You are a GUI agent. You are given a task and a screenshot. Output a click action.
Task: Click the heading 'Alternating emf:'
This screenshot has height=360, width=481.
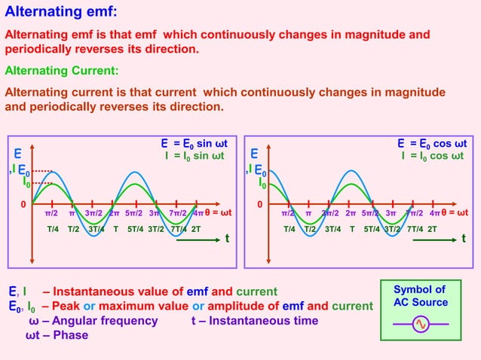pyautogui.click(x=61, y=13)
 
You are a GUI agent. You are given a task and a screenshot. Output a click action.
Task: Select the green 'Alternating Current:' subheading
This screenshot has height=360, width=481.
pyautogui.click(x=62, y=71)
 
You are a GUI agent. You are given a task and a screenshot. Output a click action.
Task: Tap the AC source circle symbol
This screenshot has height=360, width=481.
pyautogui.click(x=421, y=325)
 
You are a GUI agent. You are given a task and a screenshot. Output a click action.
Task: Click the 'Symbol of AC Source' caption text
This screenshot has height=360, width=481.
pyautogui.click(x=420, y=296)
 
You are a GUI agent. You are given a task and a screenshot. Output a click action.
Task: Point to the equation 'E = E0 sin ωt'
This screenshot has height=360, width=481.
pyautogui.click(x=194, y=143)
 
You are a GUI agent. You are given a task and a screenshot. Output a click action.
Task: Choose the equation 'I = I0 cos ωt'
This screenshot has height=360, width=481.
pyautogui.click(x=432, y=156)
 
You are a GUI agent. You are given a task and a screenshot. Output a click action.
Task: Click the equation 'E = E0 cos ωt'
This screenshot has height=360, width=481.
pyautogui.click(x=432, y=143)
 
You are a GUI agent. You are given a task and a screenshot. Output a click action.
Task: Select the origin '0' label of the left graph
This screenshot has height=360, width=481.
pyautogui.click(x=23, y=204)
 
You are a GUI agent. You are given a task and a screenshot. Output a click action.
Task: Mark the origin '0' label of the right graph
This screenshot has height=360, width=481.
pyautogui.click(x=261, y=204)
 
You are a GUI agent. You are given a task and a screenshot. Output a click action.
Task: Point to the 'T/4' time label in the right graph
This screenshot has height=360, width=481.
pyautogui.click(x=290, y=228)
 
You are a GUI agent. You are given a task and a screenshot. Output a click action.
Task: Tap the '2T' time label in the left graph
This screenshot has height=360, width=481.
pyautogui.click(x=195, y=228)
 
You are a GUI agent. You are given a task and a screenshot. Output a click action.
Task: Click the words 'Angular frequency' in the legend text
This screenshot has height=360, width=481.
pyautogui.click(x=104, y=321)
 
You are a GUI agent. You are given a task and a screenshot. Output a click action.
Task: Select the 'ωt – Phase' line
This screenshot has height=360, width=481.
pyautogui.click(x=57, y=334)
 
